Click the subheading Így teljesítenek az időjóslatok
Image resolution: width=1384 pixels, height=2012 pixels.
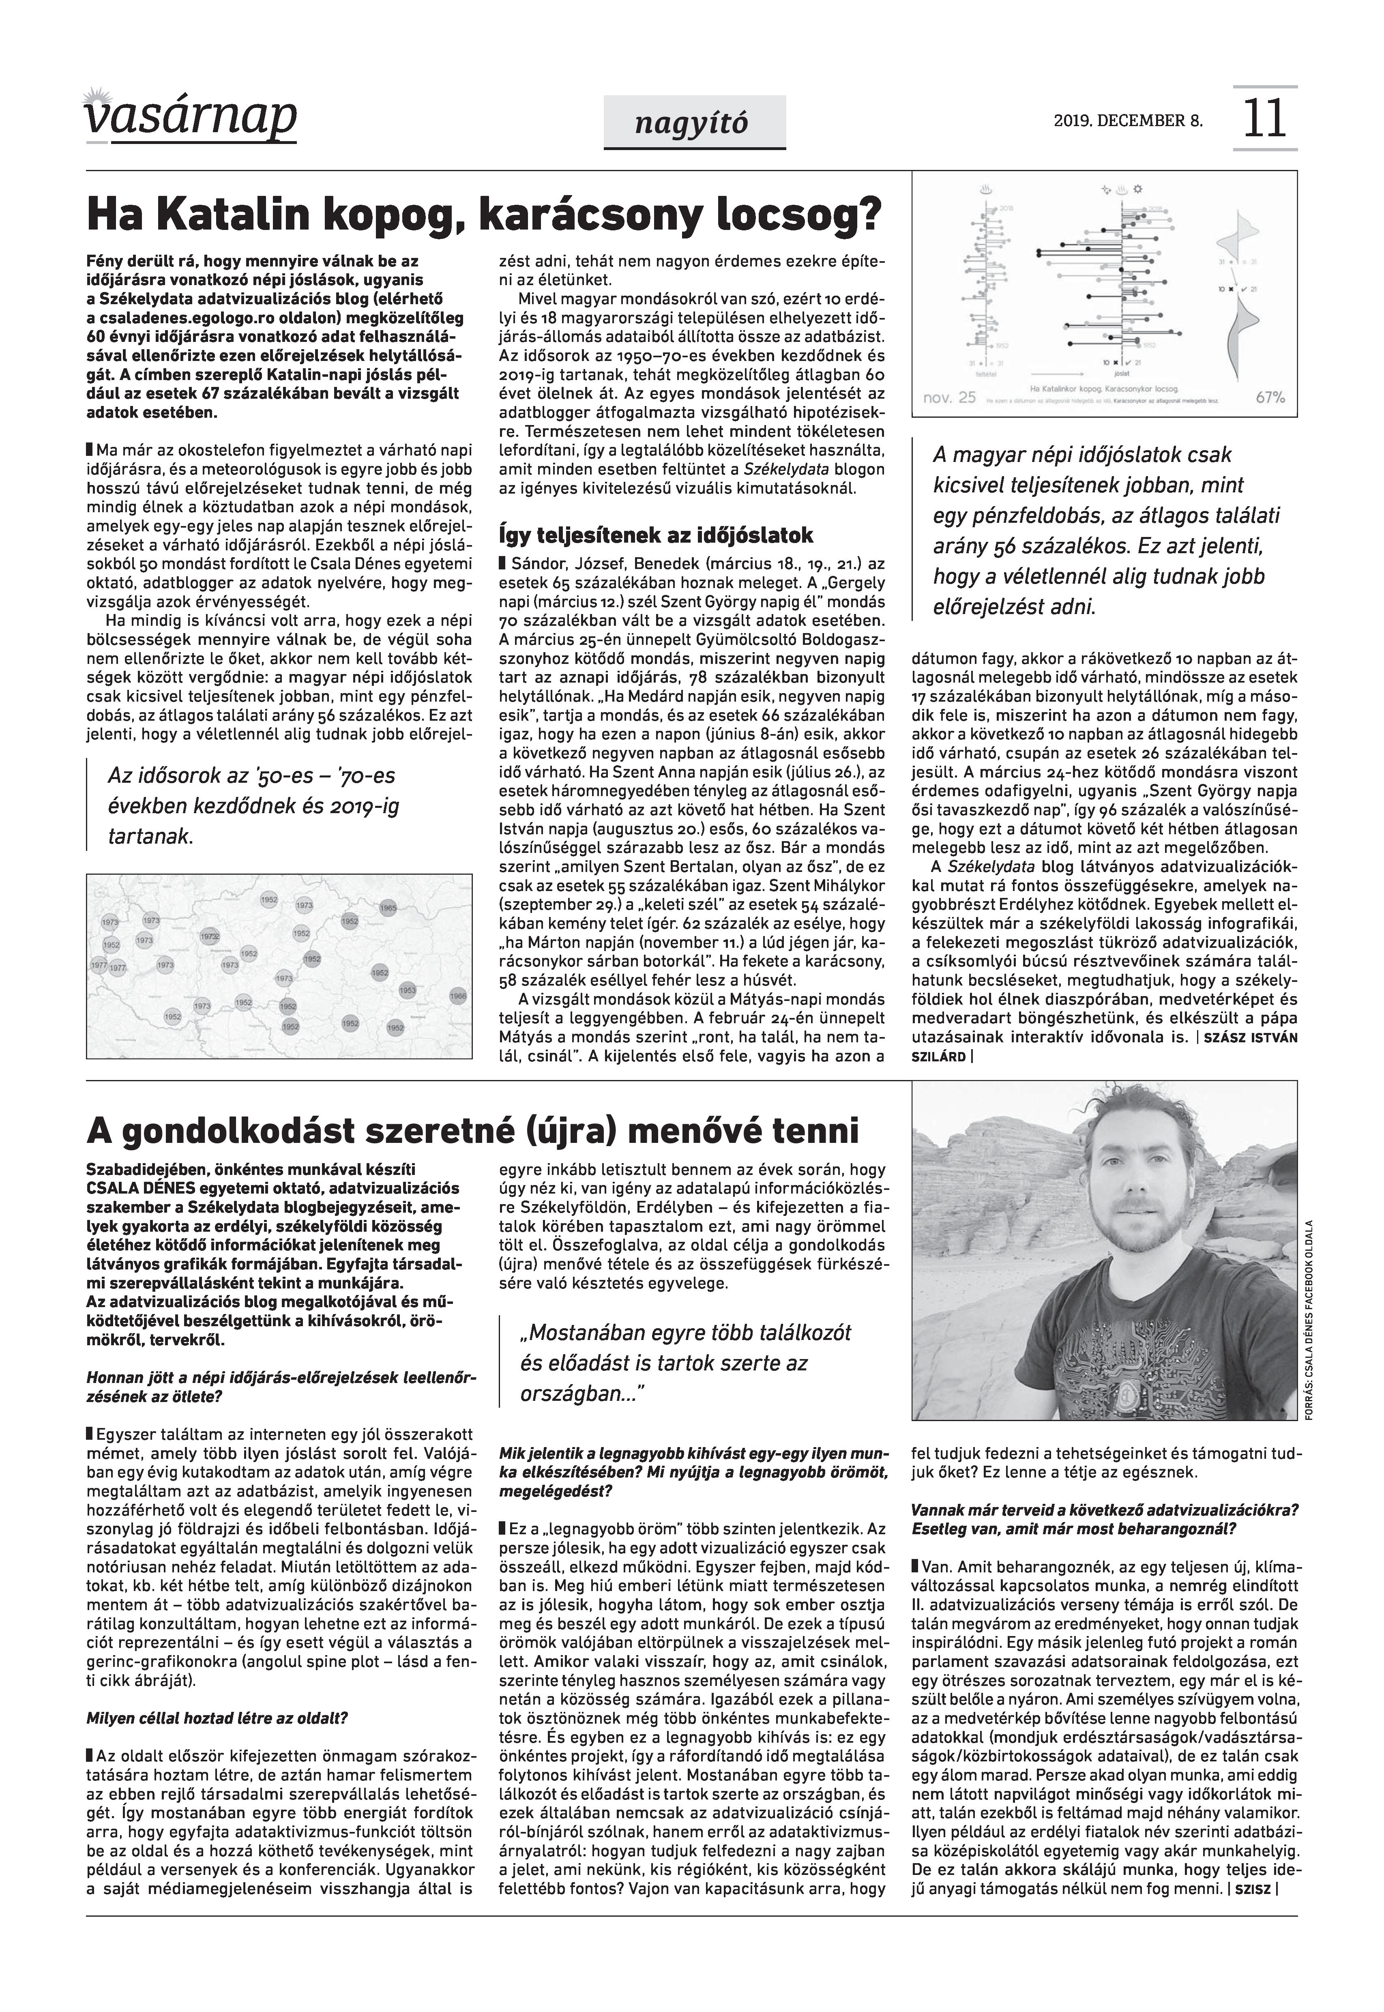[657, 533]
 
